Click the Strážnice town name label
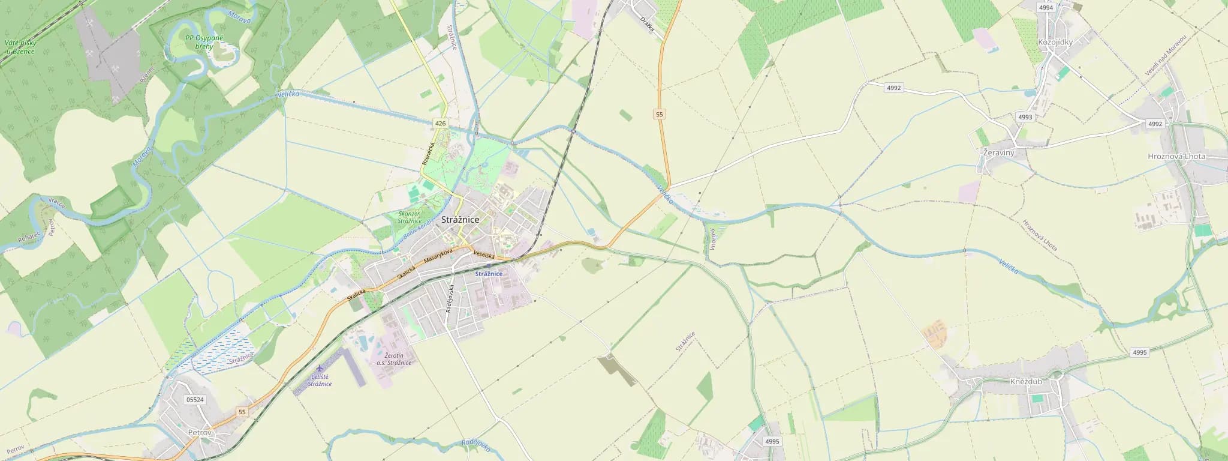pyautogui.click(x=460, y=220)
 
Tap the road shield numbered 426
pyautogui.click(x=441, y=123)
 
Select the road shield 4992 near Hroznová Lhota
pyautogui.click(x=1155, y=124)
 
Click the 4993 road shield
pyautogui.click(x=1025, y=117)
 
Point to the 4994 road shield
pyautogui.click(x=1046, y=8)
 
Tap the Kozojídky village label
pyautogui.click(x=1055, y=42)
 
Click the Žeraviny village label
pyautogui.click(x=998, y=153)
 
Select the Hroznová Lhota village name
pyautogui.click(x=1176, y=156)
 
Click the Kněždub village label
pyautogui.click(x=1026, y=381)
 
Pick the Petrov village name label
pyautogui.click(x=200, y=432)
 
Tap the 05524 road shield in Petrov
pyautogui.click(x=195, y=399)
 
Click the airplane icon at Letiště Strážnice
pyautogui.click(x=319, y=367)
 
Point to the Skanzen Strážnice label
pyautogui.click(x=410, y=217)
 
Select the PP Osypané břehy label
pyautogui.click(x=204, y=42)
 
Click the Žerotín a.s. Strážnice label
pyautogui.click(x=393, y=359)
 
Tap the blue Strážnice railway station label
pyautogui.click(x=489, y=274)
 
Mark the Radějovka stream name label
pyautogui.click(x=476, y=445)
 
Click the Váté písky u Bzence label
pyautogui.click(x=20, y=47)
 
